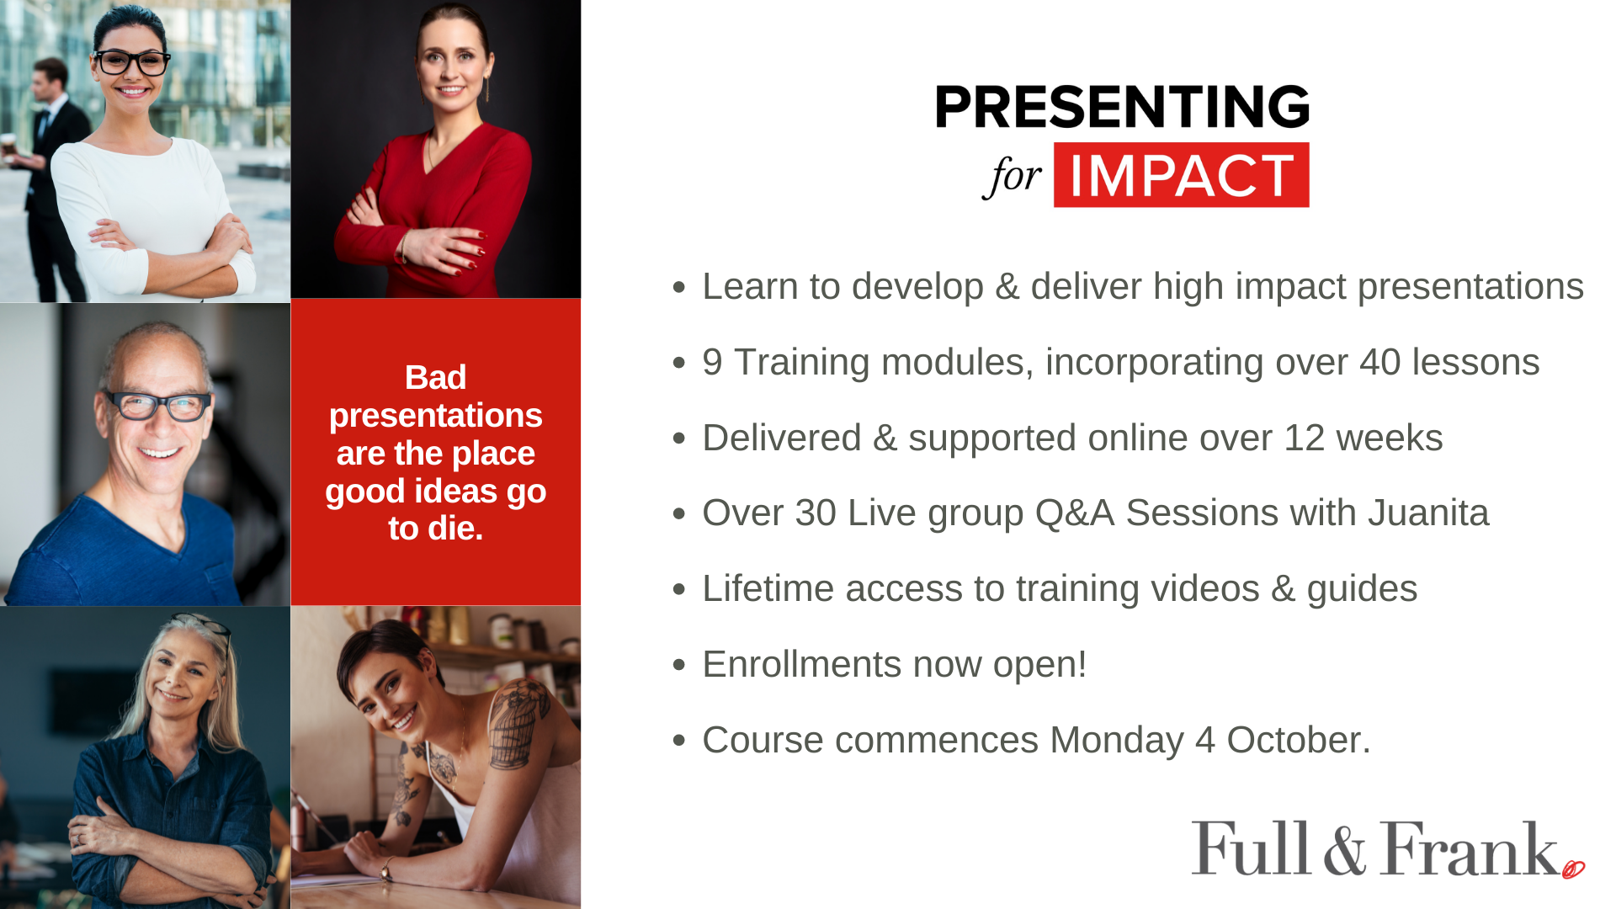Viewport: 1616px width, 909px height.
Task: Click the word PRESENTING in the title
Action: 1122,106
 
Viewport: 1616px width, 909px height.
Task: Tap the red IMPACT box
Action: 1181,175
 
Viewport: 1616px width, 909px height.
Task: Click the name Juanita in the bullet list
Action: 1428,513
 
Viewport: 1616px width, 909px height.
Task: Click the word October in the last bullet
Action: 1299,740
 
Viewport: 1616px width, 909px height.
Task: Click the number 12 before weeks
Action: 1305,438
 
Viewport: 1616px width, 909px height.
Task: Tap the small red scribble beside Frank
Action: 1573,869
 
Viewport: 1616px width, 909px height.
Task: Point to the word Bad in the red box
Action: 435,377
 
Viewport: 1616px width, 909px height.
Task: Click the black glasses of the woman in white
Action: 131,61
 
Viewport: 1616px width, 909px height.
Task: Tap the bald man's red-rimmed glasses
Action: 158,406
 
